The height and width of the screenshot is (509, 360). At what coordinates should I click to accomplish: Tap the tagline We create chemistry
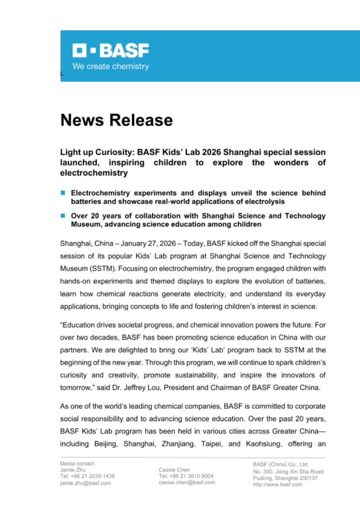click(110, 66)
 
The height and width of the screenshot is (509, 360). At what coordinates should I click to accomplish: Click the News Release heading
click(117, 120)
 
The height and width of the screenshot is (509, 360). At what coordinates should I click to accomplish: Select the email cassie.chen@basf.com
click(187, 482)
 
